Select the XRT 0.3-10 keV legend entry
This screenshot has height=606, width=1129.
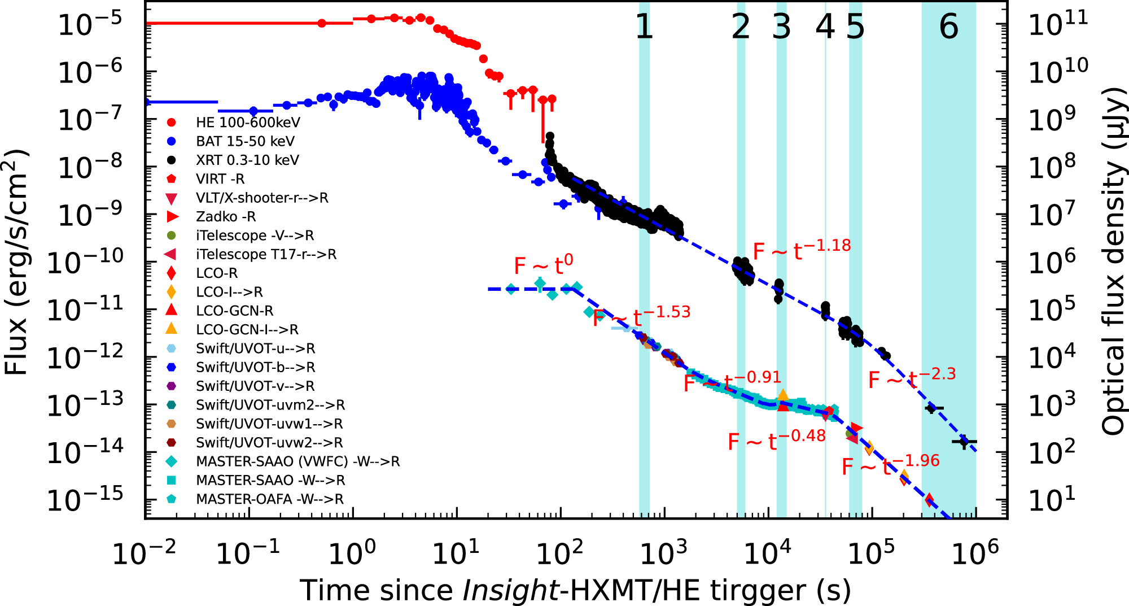[x=247, y=160]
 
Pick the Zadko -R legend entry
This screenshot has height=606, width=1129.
[x=225, y=217]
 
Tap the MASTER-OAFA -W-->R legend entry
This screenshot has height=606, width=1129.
[x=269, y=499]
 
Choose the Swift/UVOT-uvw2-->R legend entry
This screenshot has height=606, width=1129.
[x=269, y=443]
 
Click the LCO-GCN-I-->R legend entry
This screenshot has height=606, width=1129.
[x=247, y=330]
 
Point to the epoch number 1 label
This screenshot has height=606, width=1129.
[x=644, y=27]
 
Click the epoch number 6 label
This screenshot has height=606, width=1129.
[x=949, y=27]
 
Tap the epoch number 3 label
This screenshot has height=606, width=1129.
[x=782, y=27]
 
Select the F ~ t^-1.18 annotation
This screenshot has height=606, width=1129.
[x=802, y=249]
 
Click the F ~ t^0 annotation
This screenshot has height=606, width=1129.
[x=543, y=264]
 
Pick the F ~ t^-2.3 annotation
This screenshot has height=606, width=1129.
[x=912, y=378]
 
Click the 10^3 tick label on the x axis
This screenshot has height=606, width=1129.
[x=664, y=552]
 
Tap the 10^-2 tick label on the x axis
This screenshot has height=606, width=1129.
[x=145, y=552]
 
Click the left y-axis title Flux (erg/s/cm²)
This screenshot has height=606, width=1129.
[x=17, y=263]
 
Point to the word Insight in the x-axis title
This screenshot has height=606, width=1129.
[x=510, y=591]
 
